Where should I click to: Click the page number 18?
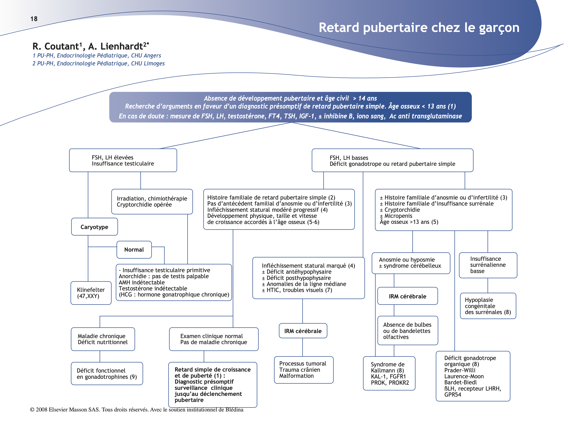34,19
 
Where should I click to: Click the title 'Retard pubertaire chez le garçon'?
419,28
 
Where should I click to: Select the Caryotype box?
94,227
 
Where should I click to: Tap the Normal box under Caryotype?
134,250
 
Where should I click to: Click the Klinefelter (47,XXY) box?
91,293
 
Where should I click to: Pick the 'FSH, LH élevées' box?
123,160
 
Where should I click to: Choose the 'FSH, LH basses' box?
392,160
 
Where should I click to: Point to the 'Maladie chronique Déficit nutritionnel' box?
103,339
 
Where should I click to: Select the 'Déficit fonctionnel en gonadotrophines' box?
107,374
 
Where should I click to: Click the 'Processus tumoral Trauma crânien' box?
304,370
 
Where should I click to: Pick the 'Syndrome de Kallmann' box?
389,373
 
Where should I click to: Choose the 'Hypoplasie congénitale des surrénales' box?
488,306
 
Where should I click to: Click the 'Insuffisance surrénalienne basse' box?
488,265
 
